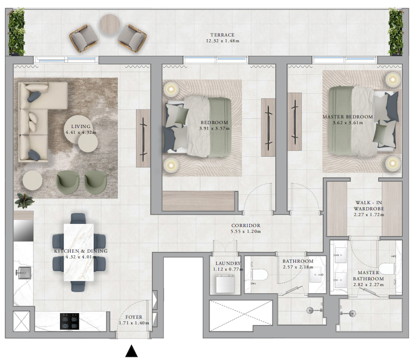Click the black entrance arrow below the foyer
tap(131, 351)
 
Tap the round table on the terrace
tap(110, 24)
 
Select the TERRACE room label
tap(222, 35)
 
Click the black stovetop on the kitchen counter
tap(70, 321)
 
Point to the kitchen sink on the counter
tap(25, 273)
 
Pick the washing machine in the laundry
tap(225, 283)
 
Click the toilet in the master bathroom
tap(387, 268)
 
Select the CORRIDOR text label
tap(246, 225)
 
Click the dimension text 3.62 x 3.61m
tap(348, 123)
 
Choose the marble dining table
tap(79, 252)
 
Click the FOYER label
tap(134, 317)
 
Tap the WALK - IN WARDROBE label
tap(369, 205)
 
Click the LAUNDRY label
tap(228, 263)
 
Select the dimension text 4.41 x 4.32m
tap(81, 132)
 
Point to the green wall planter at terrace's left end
tap(16, 31)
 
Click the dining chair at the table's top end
tap(78, 219)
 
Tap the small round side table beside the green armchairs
tap(32, 180)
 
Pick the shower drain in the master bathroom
tap(352, 313)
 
